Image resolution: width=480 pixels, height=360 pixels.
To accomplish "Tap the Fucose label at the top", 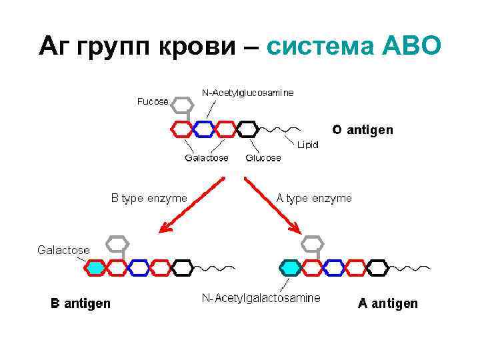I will [153, 101].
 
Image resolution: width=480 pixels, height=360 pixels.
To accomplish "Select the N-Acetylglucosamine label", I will [247, 93].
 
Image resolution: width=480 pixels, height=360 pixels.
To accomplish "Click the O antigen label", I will [363, 129].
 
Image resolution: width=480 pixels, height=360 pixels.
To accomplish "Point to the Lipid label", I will [308, 143].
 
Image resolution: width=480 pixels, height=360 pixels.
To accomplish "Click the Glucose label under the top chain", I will [263, 158].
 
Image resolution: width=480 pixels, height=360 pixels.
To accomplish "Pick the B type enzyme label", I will [149, 198].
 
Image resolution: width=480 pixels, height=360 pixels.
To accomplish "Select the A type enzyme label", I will [314, 198].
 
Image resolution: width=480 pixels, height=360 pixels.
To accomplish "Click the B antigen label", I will [81, 304].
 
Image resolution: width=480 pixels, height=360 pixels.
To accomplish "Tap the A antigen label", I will [388, 304].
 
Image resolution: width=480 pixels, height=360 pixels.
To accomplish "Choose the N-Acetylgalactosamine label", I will [261, 298].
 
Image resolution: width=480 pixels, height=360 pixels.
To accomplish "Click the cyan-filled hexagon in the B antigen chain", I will [95, 267].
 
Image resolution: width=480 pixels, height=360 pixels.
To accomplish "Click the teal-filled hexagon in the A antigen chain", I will [290, 267].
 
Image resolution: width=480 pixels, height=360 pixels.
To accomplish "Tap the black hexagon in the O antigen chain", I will [248, 128].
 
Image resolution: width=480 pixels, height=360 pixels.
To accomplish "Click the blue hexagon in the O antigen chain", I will [204, 128].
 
